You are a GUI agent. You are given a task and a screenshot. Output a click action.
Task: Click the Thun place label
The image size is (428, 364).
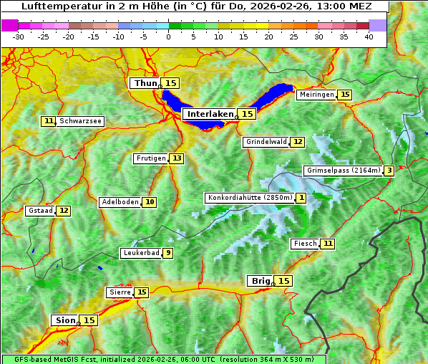point(145,84)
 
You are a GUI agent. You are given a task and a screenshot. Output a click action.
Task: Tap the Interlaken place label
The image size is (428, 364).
point(210,114)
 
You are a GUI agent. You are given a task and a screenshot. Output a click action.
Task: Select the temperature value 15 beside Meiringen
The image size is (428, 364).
point(345,95)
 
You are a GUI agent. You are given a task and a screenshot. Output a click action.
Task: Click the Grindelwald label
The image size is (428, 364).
point(266,142)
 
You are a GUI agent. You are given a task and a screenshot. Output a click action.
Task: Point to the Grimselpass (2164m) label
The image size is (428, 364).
point(342,171)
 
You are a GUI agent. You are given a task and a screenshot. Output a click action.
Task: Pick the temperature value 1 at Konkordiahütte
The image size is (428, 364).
point(301,198)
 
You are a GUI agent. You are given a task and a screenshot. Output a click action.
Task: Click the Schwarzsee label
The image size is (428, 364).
point(81,121)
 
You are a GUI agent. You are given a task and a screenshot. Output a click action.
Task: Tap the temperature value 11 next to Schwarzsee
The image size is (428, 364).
point(49,121)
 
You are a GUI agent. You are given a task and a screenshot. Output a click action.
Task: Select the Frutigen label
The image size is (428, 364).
point(151,158)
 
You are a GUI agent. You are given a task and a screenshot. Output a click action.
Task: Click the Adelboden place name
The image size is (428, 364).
point(120,202)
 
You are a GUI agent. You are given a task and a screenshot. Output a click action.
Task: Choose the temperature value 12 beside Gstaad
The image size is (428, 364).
point(64,211)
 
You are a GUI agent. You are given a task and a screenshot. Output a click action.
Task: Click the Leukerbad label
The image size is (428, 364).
point(140,253)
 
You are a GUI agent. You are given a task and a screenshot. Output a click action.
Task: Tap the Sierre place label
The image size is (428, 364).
point(120,292)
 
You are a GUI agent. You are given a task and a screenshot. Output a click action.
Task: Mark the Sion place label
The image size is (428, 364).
point(64,320)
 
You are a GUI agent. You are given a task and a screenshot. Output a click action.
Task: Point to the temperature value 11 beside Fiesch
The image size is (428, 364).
point(327,244)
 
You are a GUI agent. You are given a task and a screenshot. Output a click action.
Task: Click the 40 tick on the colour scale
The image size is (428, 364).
point(369,37)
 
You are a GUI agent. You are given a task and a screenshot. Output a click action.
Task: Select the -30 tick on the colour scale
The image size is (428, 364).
point(19,37)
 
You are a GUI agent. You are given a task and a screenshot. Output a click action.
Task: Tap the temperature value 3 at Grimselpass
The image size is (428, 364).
point(388,171)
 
